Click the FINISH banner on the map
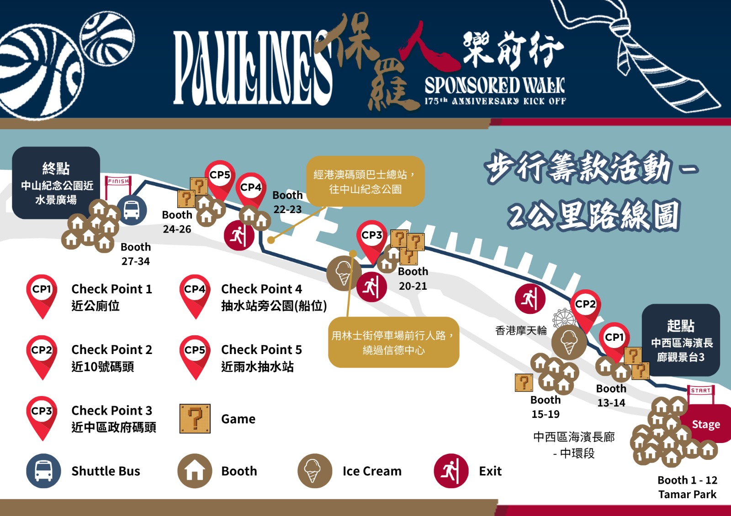[x=118, y=182]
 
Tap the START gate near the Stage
[x=700, y=391]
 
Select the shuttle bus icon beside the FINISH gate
[x=132, y=210]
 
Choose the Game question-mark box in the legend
[x=195, y=418]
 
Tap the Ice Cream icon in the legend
[x=314, y=471]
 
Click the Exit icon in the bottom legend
[x=451, y=471]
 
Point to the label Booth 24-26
[x=177, y=222]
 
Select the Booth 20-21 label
[x=413, y=278]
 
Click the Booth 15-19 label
[x=546, y=407]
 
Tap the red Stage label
[x=705, y=424]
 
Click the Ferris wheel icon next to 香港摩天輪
[x=564, y=318]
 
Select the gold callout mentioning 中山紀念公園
[x=365, y=181]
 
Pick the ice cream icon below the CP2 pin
[x=568, y=342]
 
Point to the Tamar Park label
[x=687, y=494]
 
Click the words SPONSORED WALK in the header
[x=495, y=85]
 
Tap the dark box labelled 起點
[x=681, y=340]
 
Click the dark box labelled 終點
[x=56, y=183]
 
